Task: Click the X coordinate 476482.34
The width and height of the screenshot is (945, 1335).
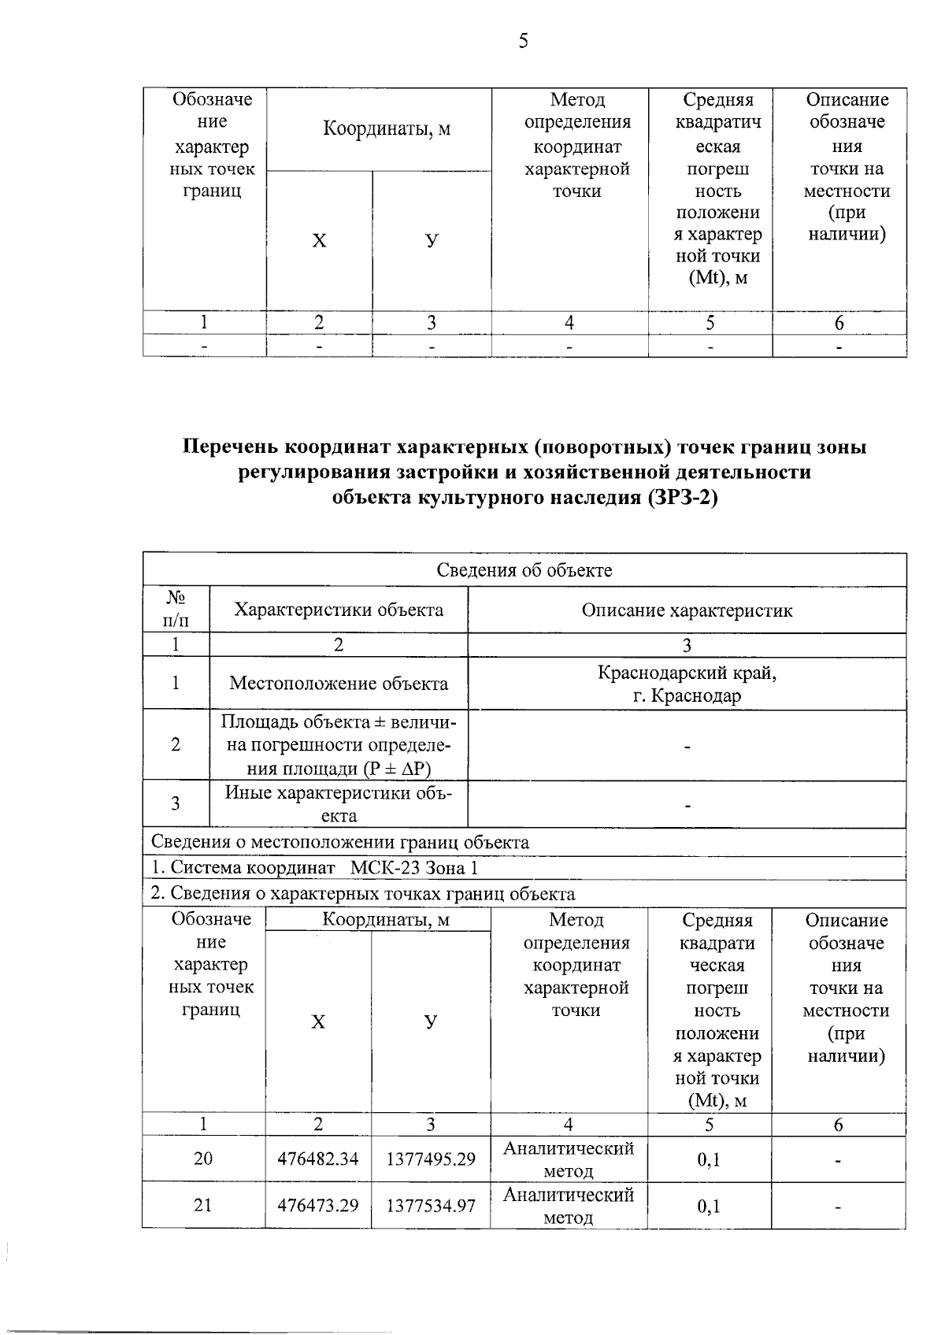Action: tap(318, 1159)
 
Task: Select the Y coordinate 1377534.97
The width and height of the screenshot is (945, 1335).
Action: tap(431, 1206)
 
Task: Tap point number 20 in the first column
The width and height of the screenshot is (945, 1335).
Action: tap(203, 1159)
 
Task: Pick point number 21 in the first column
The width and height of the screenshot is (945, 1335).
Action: tap(203, 1206)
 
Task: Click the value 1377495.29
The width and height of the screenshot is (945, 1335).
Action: tap(431, 1159)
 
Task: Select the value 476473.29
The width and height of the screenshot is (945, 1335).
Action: tap(318, 1206)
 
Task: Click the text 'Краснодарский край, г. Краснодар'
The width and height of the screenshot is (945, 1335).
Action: tap(687, 684)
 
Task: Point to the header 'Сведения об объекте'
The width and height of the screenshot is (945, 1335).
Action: tap(524, 570)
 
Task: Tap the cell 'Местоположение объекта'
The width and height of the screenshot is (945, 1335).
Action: tap(339, 684)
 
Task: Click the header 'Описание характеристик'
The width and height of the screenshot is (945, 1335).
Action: tap(687, 610)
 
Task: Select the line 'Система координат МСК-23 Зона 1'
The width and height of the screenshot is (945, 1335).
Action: tap(315, 868)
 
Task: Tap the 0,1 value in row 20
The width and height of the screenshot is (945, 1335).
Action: tap(709, 1159)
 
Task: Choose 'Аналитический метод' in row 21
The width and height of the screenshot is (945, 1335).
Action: tap(569, 1206)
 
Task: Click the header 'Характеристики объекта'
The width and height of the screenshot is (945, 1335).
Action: tap(339, 610)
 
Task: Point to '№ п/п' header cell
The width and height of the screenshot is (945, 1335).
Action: tap(176, 610)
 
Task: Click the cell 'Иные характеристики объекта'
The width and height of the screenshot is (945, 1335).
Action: tap(339, 804)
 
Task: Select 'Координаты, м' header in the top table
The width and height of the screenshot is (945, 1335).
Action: tap(387, 129)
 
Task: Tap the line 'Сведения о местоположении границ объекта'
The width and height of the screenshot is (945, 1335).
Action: tap(340, 842)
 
